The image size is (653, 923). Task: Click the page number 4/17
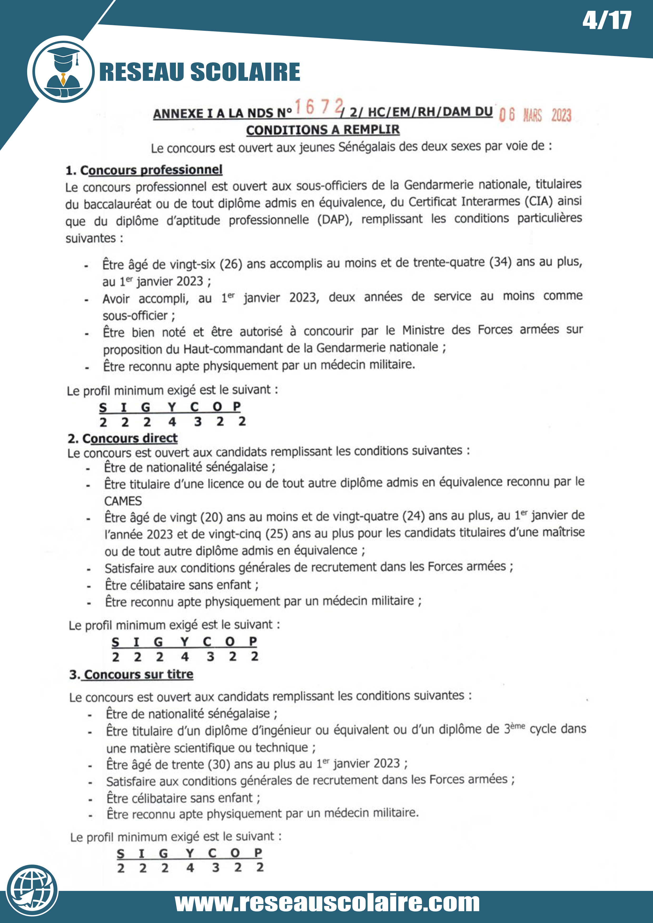click(x=606, y=21)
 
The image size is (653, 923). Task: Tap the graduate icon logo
click(x=63, y=71)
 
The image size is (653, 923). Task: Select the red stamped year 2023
click(x=561, y=115)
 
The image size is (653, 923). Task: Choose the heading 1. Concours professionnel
click(x=144, y=170)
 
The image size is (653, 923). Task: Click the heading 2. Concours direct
click(x=123, y=438)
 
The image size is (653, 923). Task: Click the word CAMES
click(x=123, y=501)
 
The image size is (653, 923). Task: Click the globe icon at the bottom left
click(x=32, y=890)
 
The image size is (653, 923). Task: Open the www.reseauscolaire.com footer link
click(x=327, y=903)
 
